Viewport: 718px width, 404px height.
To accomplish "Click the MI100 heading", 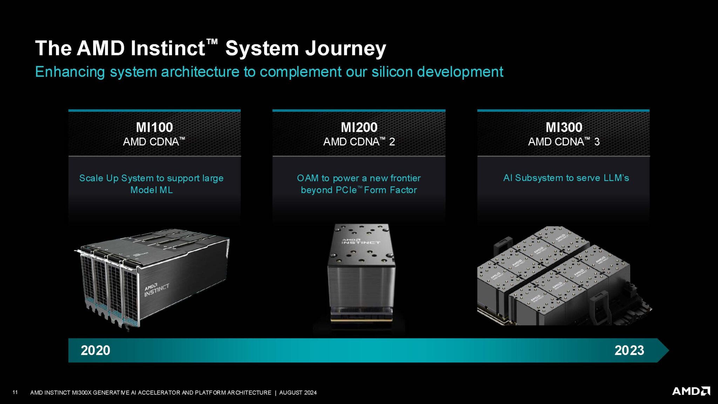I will click(154, 127).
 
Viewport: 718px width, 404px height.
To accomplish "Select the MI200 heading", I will click(359, 127).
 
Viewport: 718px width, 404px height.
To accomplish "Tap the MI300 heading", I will click(564, 127).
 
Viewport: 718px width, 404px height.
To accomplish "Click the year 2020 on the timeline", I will click(95, 350).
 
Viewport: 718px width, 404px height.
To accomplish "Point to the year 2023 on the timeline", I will click(629, 350).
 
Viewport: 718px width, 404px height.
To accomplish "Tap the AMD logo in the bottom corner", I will click(691, 391).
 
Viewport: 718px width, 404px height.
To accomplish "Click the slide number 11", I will click(15, 392).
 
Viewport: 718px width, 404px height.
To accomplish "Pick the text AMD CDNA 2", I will click(359, 142).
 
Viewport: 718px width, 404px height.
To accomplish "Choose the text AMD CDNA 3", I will click(564, 142).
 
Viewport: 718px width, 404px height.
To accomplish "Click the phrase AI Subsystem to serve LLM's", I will click(566, 178).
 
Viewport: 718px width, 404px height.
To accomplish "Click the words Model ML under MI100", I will click(151, 190).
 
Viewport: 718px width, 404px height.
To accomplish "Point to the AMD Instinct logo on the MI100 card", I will click(157, 290).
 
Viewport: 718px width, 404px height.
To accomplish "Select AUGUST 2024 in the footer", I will click(298, 392).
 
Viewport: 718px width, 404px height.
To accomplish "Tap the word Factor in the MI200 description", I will click(403, 190).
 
